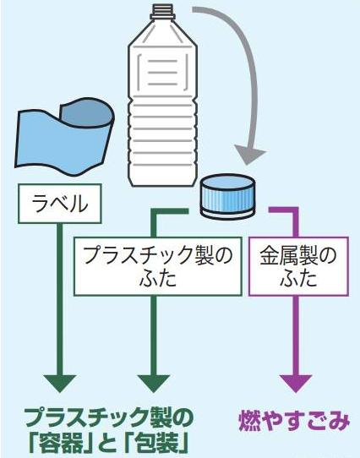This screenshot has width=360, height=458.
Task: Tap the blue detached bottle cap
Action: click(225, 194)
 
